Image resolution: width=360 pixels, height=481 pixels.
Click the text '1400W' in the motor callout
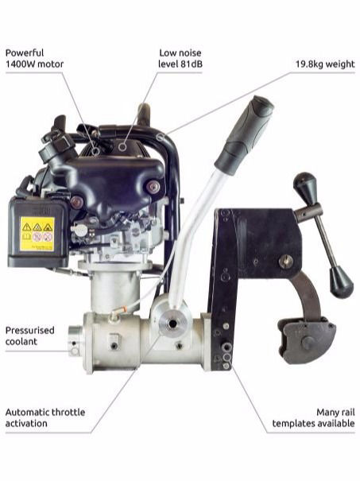[20, 64]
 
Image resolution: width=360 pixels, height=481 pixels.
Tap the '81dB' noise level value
[190, 64]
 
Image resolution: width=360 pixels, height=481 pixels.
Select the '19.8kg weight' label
[325, 64]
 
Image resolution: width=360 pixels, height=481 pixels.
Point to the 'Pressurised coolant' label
[30, 336]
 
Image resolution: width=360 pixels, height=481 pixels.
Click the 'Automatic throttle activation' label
[45, 417]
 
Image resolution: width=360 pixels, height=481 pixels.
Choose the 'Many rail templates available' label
[313, 417]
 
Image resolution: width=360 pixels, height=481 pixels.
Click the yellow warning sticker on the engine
[37, 234]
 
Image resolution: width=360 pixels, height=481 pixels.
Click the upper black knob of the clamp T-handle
[305, 185]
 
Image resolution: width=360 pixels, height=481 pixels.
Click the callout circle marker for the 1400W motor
[96, 150]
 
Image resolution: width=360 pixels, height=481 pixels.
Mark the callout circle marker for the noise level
[122, 147]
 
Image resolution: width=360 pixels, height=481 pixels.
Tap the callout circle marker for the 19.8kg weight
[160, 137]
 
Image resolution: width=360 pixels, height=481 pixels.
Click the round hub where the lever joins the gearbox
[173, 324]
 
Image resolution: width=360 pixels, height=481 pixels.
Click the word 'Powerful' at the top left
[25, 52]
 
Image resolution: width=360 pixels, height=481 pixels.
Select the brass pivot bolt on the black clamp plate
[285, 261]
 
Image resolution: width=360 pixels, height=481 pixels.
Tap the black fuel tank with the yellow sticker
[37, 231]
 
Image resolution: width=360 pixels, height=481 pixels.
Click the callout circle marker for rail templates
[226, 357]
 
